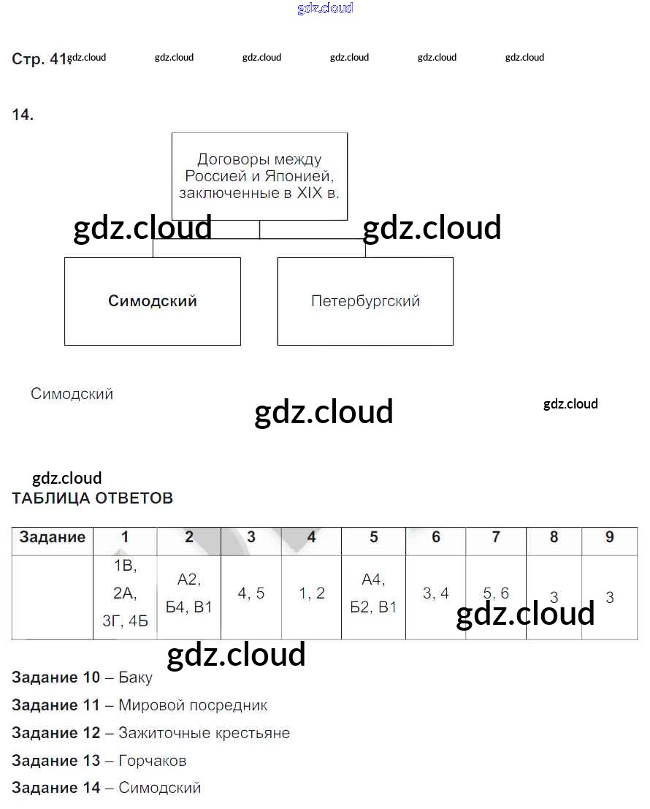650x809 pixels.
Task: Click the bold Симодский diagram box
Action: coord(152,301)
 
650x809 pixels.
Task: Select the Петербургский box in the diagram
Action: coord(365,301)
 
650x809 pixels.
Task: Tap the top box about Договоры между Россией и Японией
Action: coord(259,176)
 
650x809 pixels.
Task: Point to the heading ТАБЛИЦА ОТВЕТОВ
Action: coord(93,498)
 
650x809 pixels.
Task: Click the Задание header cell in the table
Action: coord(53,538)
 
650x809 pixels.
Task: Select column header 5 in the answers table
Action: coord(373,538)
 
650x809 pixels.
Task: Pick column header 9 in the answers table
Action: coord(610,538)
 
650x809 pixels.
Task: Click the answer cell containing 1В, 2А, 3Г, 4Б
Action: coord(125,594)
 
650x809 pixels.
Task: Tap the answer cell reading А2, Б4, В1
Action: coord(188,593)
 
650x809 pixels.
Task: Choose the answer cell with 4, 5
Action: coord(251,593)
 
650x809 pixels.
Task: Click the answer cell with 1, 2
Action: coord(312,593)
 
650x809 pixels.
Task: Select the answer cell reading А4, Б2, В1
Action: coord(373,593)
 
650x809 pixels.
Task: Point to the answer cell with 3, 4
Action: coord(436,593)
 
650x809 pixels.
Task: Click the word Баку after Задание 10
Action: coord(135,678)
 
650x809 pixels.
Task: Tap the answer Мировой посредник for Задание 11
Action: coord(193,706)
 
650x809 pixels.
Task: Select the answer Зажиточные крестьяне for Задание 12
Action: coord(204,733)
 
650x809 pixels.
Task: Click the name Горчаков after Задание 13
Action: coord(152,761)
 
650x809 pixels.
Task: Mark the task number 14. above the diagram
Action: coord(23,115)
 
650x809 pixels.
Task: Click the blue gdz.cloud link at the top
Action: coord(325,8)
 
